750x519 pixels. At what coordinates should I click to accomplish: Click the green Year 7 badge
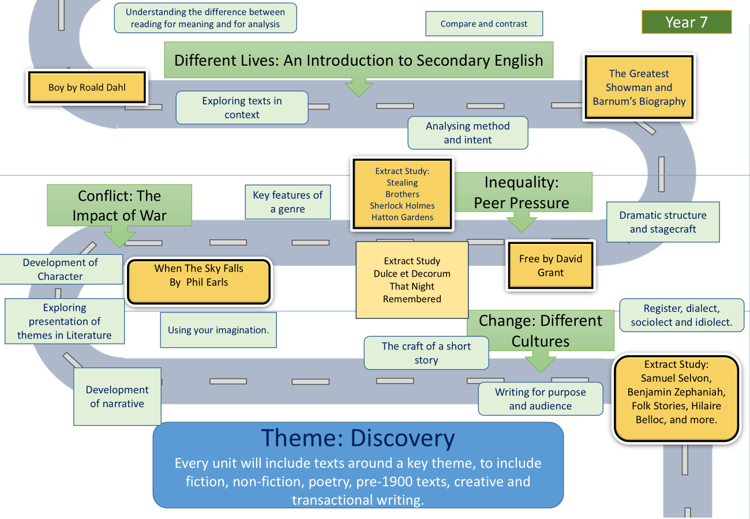(687, 22)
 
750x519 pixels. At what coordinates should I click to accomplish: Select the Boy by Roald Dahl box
(87, 87)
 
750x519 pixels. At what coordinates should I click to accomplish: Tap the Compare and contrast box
(484, 24)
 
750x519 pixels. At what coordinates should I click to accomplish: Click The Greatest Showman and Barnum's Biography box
(639, 87)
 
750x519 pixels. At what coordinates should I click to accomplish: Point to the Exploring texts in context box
(242, 107)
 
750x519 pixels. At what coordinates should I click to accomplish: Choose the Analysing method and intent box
(468, 133)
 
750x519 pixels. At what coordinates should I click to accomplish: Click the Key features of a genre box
(288, 202)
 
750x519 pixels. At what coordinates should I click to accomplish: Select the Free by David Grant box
(550, 265)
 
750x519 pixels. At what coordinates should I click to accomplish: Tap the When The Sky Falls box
(199, 281)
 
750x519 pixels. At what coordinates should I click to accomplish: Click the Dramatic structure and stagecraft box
(663, 222)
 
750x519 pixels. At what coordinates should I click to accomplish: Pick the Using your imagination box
(218, 330)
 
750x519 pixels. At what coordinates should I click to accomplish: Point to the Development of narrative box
(117, 397)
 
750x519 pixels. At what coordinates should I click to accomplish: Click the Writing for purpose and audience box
(541, 399)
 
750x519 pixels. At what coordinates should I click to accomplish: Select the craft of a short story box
(426, 353)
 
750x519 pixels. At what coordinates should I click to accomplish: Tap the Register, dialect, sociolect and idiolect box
(682, 315)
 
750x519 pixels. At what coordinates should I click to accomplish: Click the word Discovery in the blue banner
(403, 438)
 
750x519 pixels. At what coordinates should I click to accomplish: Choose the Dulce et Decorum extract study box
(412, 280)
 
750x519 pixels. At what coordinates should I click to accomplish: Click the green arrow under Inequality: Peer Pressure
(522, 222)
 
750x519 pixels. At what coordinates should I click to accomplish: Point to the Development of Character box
(61, 269)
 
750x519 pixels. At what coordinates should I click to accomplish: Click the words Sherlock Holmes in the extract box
(402, 205)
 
